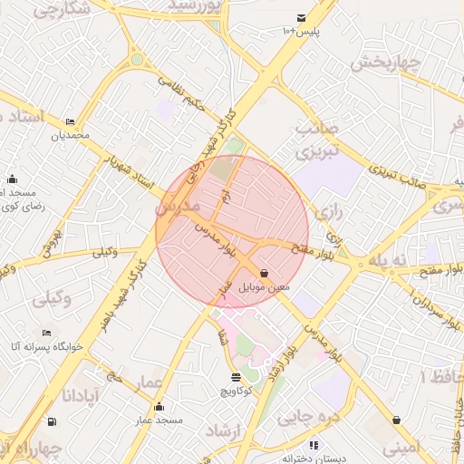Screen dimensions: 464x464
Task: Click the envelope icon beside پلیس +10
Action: [301, 18]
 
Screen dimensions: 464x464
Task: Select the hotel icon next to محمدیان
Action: [71, 122]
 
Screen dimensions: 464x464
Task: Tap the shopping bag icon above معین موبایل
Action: [264, 273]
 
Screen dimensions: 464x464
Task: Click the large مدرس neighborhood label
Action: [178, 207]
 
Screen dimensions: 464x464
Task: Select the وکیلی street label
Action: [105, 252]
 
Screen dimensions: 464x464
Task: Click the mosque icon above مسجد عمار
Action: [159, 406]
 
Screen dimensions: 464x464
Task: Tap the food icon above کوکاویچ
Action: [237, 377]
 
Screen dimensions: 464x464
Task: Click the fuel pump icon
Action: [49, 420]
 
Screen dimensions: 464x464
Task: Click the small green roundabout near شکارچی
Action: [137, 60]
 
